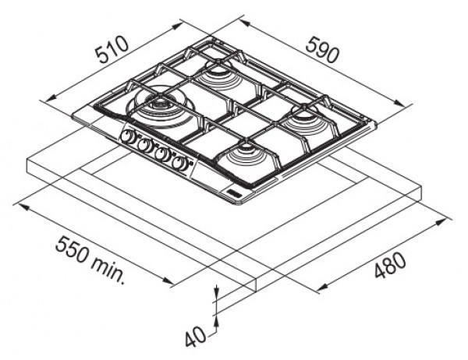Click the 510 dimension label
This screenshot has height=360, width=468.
tap(112, 49)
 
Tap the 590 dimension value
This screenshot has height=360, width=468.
tap(323, 50)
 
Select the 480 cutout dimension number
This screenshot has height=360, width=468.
tap(391, 265)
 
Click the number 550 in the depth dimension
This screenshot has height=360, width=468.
tap(73, 249)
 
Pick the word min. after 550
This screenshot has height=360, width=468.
tap(108, 270)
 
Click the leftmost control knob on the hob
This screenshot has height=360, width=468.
tap(126, 136)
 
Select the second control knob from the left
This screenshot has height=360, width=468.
tap(144, 145)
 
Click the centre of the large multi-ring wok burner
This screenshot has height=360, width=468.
tap(160, 104)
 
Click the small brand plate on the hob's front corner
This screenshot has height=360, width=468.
tap(232, 192)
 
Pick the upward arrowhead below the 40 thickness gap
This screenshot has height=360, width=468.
tap(217, 322)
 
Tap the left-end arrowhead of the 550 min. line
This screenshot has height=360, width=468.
tap(23, 207)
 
